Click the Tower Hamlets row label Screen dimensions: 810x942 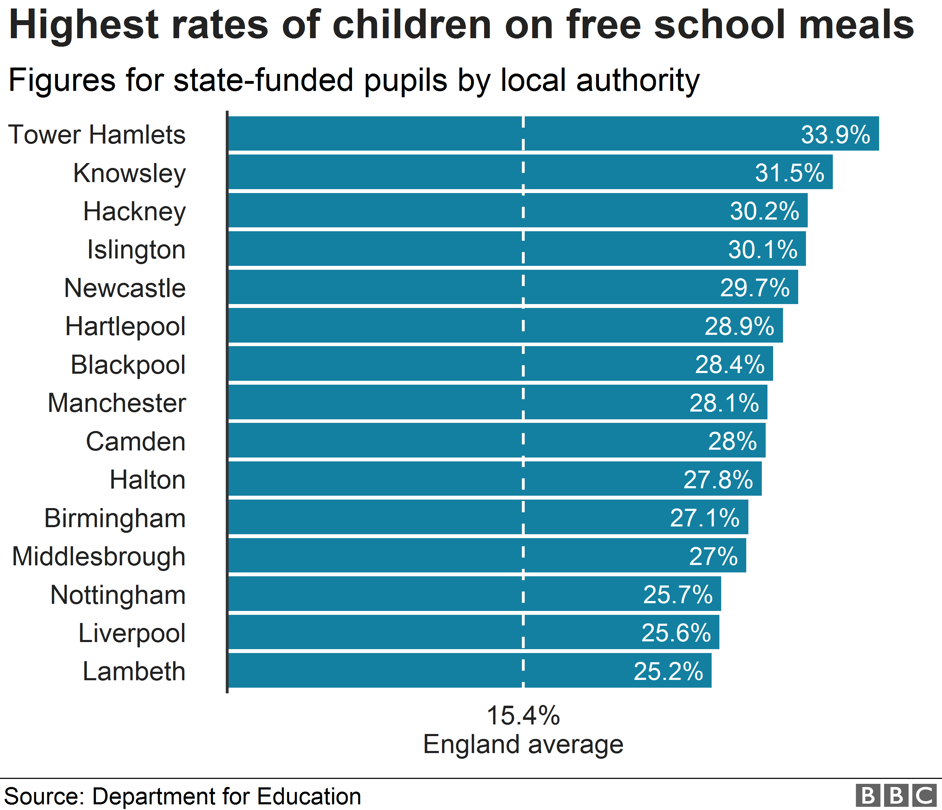click(97, 135)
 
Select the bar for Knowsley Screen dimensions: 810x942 click(530, 172)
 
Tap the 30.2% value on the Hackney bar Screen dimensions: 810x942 click(764, 211)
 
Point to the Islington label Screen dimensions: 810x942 click(136, 250)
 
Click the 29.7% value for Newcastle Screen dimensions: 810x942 click(755, 288)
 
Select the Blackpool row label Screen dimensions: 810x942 click(128, 365)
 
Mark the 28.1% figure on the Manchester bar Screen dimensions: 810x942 click(724, 403)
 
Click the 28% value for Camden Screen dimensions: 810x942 click(732, 441)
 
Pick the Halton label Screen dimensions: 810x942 click(148, 480)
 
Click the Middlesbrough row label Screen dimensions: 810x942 click(99, 556)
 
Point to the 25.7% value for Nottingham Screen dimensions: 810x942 click(677, 594)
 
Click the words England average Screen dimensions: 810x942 click(523, 745)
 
